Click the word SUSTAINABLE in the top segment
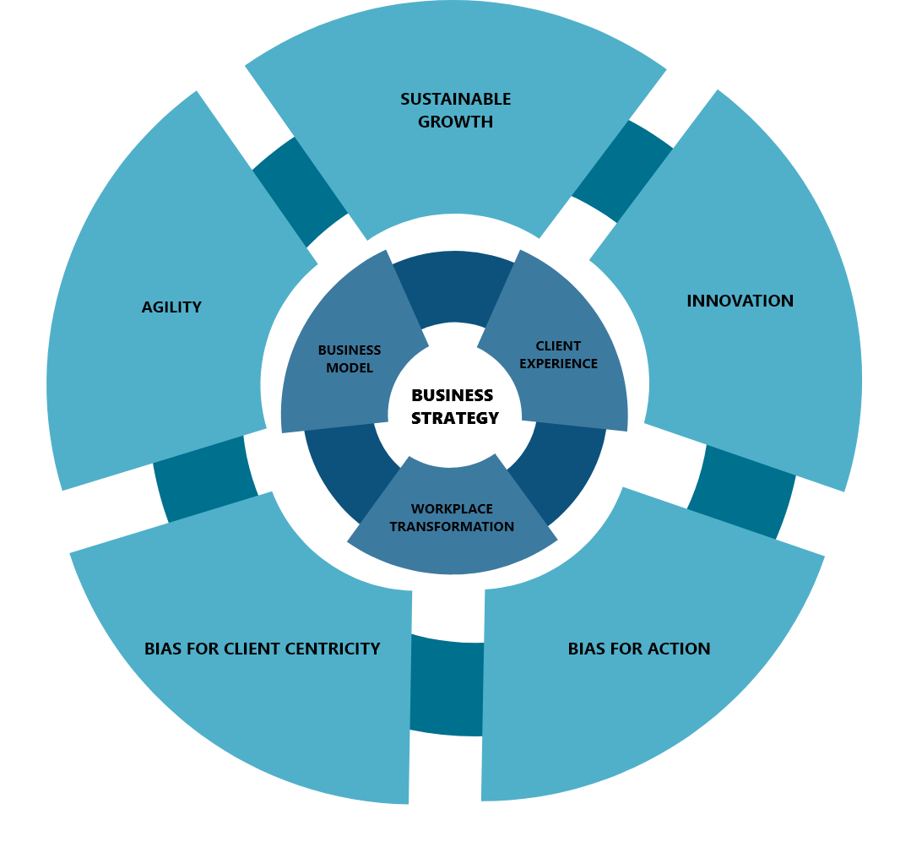[x=456, y=99]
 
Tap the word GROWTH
[x=456, y=122]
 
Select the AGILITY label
[x=171, y=307]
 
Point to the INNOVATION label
[x=740, y=301]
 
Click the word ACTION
[x=679, y=649]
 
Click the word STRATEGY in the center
[x=455, y=418]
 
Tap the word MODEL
[x=350, y=368]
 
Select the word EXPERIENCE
[x=558, y=363]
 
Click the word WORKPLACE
[x=452, y=508]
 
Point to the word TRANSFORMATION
[x=452, y=526]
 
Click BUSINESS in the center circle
[x=452, y=395]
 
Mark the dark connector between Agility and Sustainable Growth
[x=300, y=192]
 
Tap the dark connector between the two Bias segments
[x=447, y=686]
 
